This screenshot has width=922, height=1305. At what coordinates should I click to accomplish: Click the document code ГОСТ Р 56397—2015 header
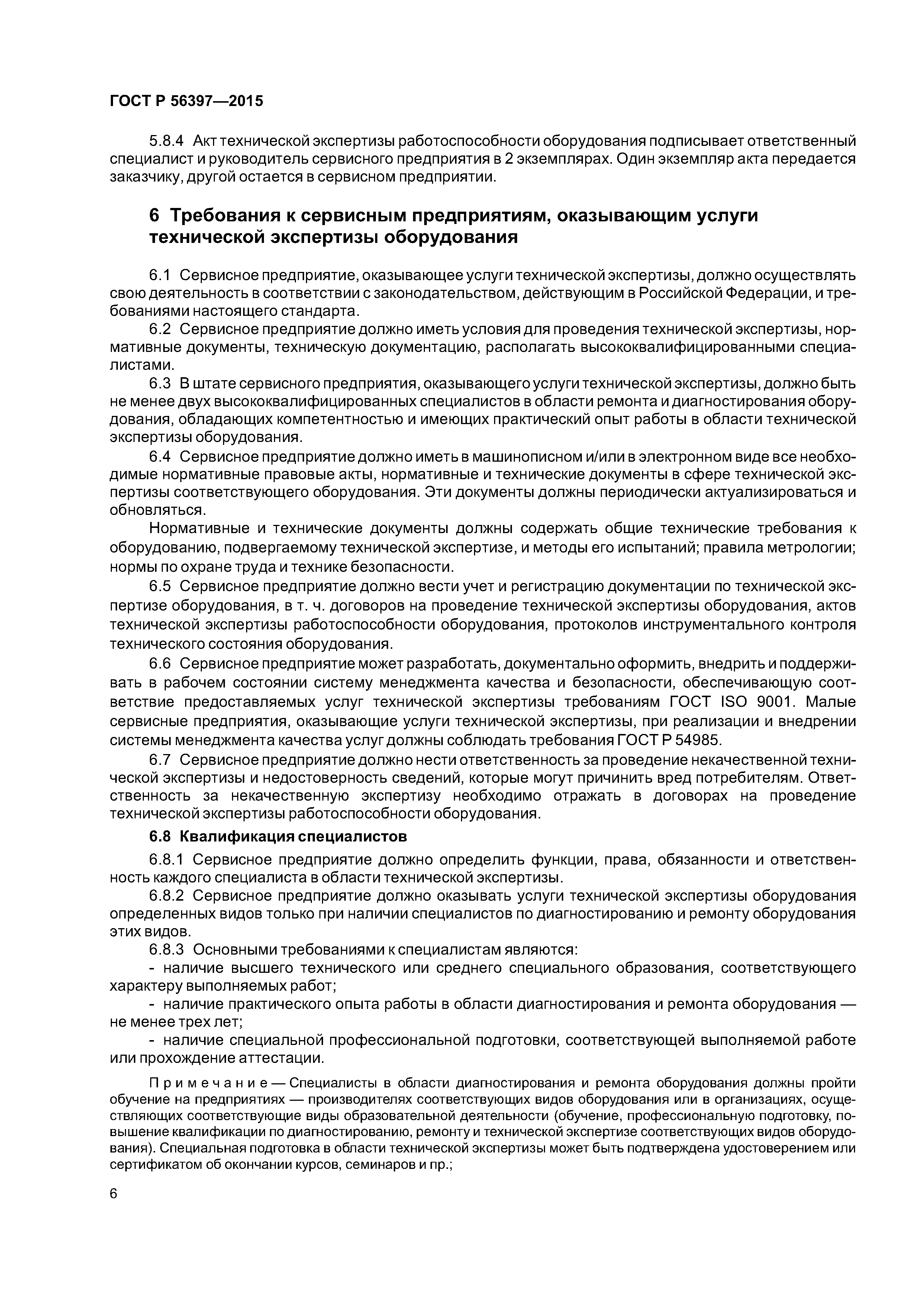pos(186,101)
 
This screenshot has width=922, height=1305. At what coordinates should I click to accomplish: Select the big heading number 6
pos(155,216)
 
